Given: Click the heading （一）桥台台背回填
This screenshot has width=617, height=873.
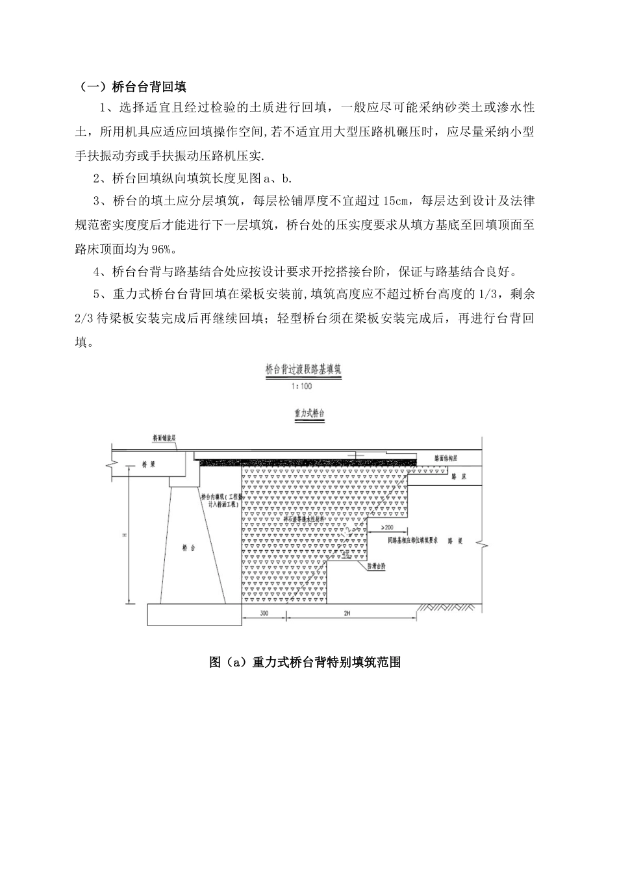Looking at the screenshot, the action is [x=132, y=86].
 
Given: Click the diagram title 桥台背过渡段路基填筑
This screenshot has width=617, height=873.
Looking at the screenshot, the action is [x=303, y=369].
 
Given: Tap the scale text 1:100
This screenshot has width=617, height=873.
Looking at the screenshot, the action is [x=303, y=386].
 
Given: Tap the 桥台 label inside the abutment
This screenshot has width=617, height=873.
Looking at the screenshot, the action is [x=189, y=548].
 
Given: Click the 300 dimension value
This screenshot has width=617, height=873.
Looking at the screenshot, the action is [x=264, y=613].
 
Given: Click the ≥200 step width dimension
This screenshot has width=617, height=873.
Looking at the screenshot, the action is [x=388, y=527].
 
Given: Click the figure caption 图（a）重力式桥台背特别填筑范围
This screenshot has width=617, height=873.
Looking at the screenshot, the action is [x=305, y=663].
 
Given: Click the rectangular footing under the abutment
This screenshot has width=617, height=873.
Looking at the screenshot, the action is [x=194, y=614].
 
